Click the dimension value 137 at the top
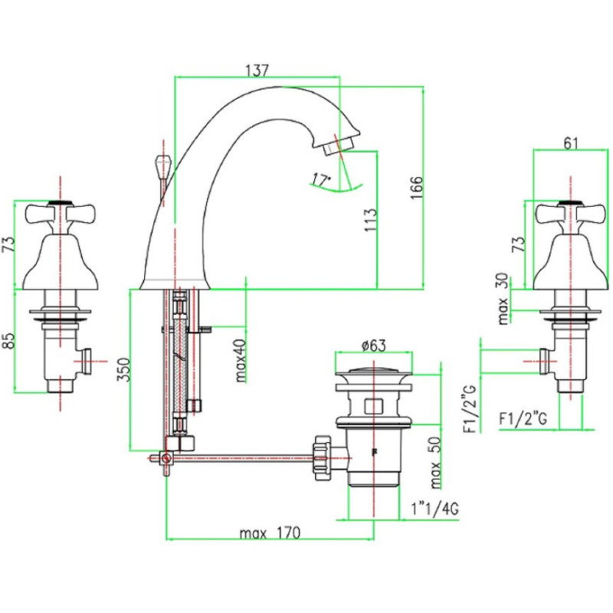257,70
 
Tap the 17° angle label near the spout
321,180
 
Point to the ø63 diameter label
372,345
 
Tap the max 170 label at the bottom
269,533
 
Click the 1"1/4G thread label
434,509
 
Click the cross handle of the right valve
568,213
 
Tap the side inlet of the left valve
87,359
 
